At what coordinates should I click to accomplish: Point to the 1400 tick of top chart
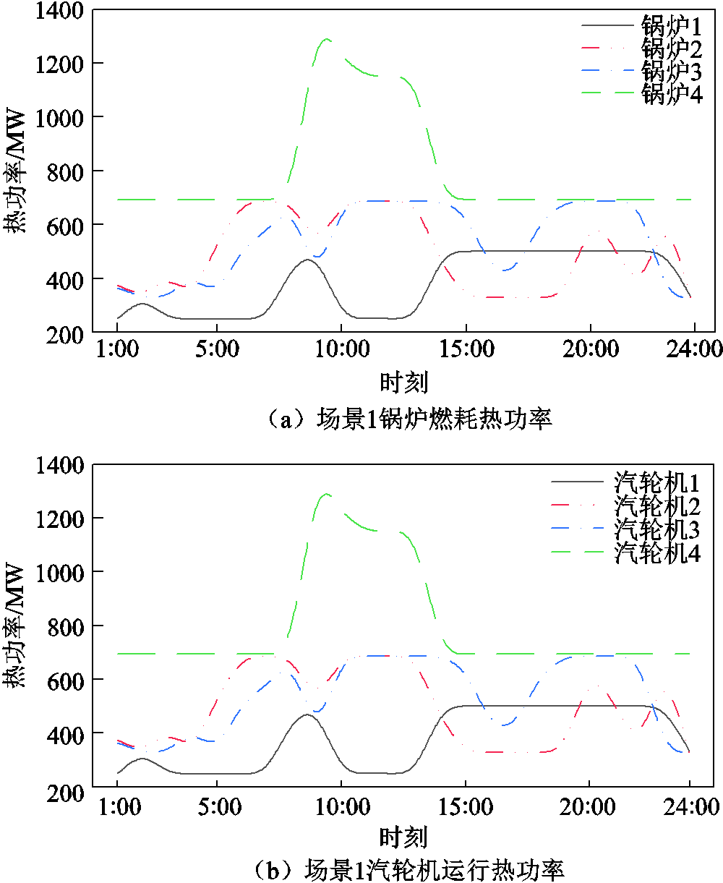pos(59,11)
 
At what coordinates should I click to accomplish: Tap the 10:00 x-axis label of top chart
pos(342,349)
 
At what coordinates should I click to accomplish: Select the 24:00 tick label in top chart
pos(694,349)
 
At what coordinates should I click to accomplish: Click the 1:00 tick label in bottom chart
pos(119,806)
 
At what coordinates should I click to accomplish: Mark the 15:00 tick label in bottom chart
pos(466,806)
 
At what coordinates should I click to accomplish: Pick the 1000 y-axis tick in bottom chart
pos(60,573)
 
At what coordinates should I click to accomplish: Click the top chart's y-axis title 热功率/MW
pos(14,171)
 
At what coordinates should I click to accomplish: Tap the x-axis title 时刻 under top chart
pos(404,382)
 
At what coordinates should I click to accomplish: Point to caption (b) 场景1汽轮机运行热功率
pos(410,870)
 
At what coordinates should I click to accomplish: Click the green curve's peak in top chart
pos(326,39)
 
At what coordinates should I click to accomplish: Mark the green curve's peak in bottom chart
pos(326,494)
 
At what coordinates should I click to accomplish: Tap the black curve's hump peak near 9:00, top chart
pos(308,260)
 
